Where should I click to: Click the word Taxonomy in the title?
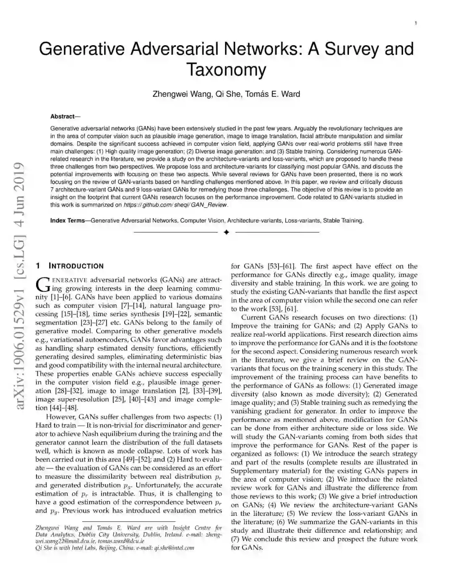point(226,70)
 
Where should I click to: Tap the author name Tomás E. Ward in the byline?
point(273,94)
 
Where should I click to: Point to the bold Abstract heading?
point(62,116)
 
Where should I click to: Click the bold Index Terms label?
point(68,220)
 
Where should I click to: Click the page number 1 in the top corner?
point(415,23)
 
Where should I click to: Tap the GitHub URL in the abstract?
point(176,205)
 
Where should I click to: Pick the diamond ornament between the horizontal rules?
point(226,232)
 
